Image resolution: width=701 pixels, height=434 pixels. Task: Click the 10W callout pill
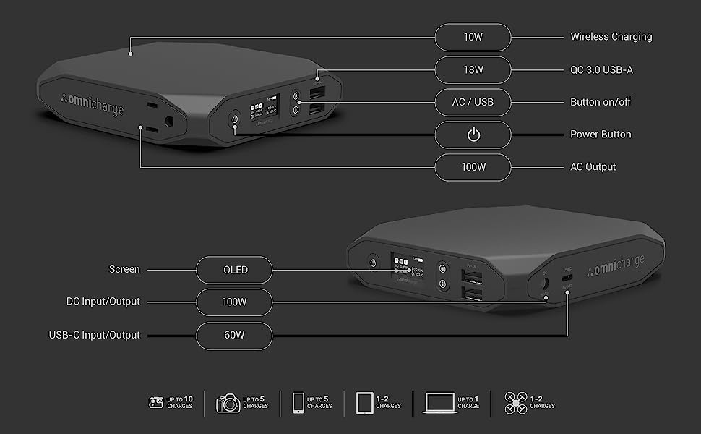pos(473,37)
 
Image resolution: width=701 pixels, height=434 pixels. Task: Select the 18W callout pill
pos(473,70)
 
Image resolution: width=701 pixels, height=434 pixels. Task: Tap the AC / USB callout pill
pos(473,102)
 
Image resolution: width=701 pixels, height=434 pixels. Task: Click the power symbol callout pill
pos(473,135)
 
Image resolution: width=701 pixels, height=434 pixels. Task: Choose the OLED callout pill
pos(235,270)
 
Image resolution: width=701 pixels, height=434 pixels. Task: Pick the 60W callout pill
pos(235,335)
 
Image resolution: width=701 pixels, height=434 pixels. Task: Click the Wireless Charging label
pos(611,37)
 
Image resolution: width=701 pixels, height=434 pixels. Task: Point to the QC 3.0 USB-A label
pos(601,70)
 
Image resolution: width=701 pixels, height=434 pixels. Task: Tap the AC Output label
pos(593,167)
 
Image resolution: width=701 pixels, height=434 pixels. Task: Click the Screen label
pos(124,270)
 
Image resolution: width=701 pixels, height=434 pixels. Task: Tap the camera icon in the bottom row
pos(228,402)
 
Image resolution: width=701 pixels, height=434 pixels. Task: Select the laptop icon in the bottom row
pos(439,402)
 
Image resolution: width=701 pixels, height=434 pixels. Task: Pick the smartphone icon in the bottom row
pos(298,402)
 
